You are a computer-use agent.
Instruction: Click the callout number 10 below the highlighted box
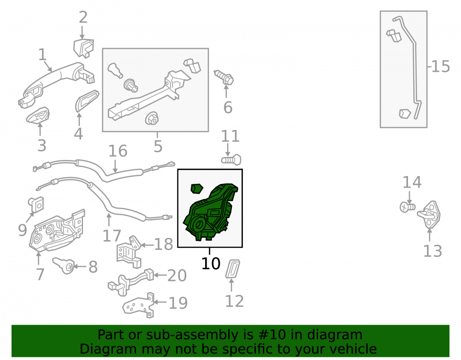pyautogui.click(x=211, y=263)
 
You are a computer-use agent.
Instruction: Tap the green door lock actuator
pyautogui.click(x=210, y=213)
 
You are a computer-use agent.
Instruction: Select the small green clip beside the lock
pyautogui.click(x=196, y=189)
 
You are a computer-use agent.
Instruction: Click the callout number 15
pyautogui.click(x=440, y=66)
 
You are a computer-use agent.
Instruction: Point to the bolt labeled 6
pyautogui.click(x=224, y=77)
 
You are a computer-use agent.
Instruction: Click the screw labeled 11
pyautogui.click(x=231, y=160)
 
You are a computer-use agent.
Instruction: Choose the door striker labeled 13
pyautogui.click(x=429, y=214)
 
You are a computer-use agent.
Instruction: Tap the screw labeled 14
pyautogui.click(x=407, y=207)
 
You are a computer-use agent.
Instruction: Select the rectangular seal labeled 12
pyautogui.click(x=232, y=269)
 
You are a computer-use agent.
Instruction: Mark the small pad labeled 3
pyautogui.click(x=38, y=116)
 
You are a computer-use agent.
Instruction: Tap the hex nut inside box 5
pyautogui.click(x=152, y=119)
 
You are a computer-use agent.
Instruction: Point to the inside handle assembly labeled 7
pyautogui.click(x=57, y=230)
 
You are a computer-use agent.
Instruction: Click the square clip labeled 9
pyautogui.click(x=36, y=205)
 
